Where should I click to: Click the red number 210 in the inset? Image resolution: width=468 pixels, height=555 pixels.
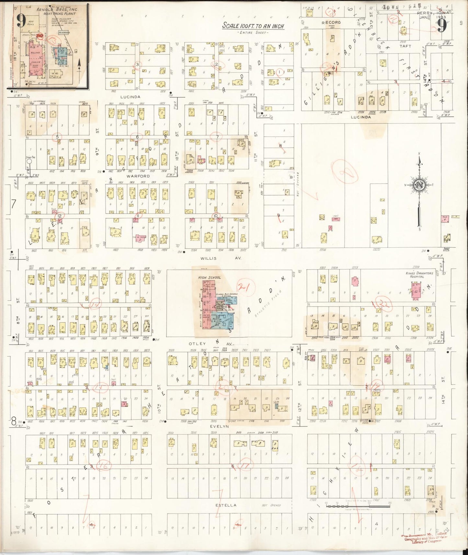[x=40, y=36]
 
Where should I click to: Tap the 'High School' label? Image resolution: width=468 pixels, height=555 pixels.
[x=210, y=277]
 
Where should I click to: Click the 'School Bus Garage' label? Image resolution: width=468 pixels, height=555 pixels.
[x=227, y=294]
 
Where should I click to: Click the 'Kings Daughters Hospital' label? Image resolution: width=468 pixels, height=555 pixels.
[x=419, y=275]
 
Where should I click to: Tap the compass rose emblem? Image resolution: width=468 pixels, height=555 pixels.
[x=419, y=186]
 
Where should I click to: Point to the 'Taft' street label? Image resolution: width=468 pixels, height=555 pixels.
[x=405, y=46]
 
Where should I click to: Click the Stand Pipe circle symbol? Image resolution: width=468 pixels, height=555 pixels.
[x=29, y=161]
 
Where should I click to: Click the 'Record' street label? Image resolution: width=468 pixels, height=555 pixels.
[x=331, y=22]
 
